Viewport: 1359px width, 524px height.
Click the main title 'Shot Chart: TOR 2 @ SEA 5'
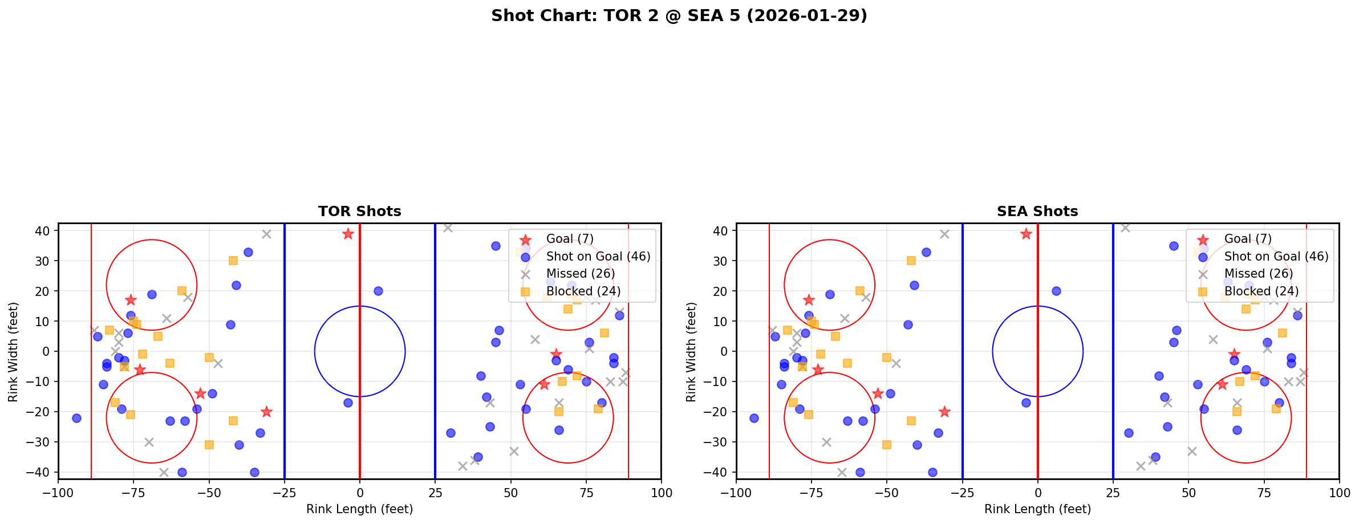(679, 15)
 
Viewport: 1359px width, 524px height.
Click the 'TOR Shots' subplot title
(359, 212)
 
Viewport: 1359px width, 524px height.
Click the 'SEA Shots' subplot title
(1037, 212)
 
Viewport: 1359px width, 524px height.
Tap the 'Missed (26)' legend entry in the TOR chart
(580, 274)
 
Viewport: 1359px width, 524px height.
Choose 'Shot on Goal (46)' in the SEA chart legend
(1276, 257)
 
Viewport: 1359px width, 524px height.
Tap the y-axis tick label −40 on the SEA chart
(720, 472)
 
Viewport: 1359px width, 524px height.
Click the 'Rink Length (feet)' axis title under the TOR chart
(359, 509)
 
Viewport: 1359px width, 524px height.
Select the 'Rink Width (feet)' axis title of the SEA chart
(691, 351)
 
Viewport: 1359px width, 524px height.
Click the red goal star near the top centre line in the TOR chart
(348, 234)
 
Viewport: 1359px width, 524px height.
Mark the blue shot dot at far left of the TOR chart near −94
(76, 418)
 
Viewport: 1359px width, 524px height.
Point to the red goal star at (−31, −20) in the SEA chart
(944, 412)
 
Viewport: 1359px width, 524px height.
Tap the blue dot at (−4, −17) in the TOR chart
(348, 403)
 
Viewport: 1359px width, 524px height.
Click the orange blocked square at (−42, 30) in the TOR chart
(233, 261)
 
